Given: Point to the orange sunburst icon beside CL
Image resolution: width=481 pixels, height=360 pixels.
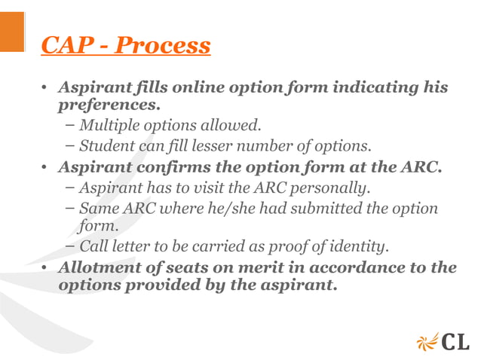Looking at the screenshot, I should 427,341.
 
